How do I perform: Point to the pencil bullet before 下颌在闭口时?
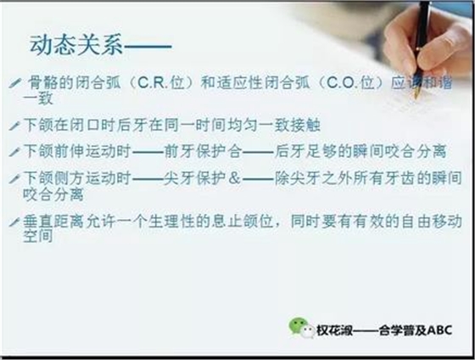(14, 125)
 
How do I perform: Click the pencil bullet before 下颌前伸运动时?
(14, 151)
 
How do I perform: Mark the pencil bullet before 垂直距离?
(14, 221)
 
